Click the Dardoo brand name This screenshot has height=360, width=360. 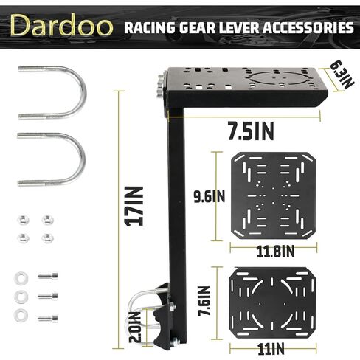click(61, 25)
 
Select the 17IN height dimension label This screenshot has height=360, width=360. click(134, 207)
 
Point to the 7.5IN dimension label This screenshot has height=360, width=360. click(251, 131)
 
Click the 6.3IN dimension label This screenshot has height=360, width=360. click(342, 76)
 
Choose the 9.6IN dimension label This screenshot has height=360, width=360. click(210, 196)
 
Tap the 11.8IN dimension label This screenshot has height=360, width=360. click(275, 252)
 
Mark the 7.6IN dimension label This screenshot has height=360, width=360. click(204, 301)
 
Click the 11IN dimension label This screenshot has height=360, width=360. click(271, 349)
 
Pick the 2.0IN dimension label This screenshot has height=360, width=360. click(135, 328)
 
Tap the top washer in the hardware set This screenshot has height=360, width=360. click(21, 278)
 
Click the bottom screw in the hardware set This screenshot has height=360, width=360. click(48, 319)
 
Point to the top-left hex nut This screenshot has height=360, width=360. click(23, 220)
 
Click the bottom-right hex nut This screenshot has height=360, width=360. click(48, 238)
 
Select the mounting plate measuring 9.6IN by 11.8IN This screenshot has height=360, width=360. click(273, 196)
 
